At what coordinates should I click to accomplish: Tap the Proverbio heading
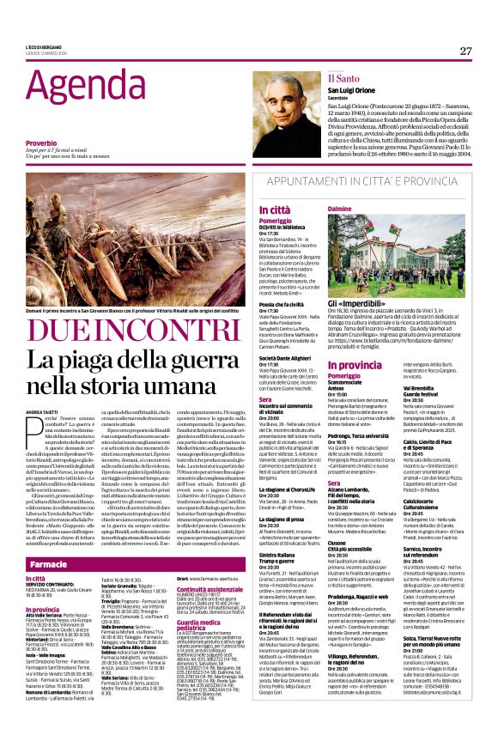point(42,143)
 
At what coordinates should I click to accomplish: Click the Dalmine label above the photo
point(340,209)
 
